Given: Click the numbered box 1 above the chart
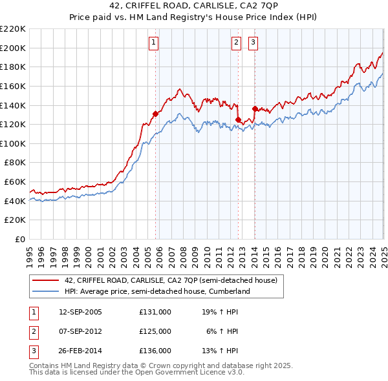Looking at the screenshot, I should point(154,43).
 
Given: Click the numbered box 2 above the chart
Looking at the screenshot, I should point(236,43).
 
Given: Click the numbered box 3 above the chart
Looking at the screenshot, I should point(252,43).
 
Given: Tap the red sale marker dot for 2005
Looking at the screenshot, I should point(155,114).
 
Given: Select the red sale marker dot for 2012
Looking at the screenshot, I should point(238,119).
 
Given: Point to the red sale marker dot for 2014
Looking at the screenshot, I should point(255,108).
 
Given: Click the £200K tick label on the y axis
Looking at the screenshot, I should point(14,48).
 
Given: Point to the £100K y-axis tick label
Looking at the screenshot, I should point(14,143).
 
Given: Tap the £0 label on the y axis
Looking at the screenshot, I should point(20,240).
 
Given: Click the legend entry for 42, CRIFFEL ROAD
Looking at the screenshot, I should point(171,280).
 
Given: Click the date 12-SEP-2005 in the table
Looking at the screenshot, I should point(80,311).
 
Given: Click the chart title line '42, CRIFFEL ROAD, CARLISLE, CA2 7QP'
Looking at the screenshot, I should point(194,7).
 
